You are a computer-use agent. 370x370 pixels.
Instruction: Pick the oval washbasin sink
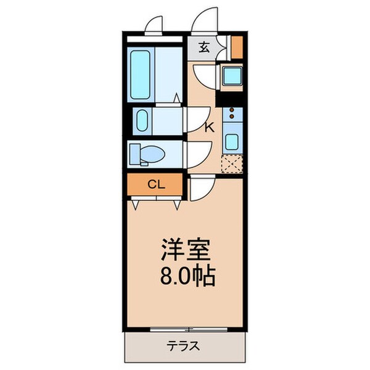[x=141, y=121]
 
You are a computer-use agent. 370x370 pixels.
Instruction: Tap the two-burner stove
[x=232, y=114]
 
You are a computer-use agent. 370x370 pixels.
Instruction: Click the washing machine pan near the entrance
[x=231, y=77]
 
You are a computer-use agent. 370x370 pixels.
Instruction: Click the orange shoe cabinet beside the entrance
[x=236, y=46]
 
